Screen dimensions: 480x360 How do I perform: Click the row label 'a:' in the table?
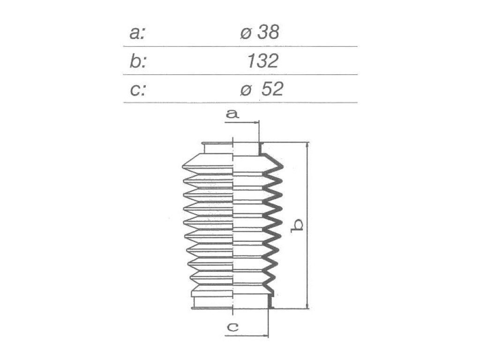tap(137, 33)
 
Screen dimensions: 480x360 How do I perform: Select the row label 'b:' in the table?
tap(137, 60)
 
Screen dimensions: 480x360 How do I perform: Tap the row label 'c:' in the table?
tap(137, 90)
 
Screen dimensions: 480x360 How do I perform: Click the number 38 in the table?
tap(268, 32)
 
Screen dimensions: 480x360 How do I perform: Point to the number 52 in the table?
tap(272, 89)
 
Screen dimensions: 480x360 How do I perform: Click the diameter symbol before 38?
tap(246, 33)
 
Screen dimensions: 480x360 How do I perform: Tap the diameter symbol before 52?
tap(246, 90)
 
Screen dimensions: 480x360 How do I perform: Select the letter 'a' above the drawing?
tap(232, 114)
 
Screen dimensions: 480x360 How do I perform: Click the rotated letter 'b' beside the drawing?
tap(297, 225)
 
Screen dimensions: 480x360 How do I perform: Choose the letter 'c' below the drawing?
tap(232, 327)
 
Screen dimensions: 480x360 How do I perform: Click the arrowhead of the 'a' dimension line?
tap(256, 122)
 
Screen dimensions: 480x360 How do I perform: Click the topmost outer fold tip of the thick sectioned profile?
tap(282, 167)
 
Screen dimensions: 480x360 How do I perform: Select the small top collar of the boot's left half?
tap(217, 148)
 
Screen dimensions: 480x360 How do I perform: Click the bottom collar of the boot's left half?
tap(212, 303)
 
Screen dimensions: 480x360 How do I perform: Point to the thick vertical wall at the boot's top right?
tap(261, 149)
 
